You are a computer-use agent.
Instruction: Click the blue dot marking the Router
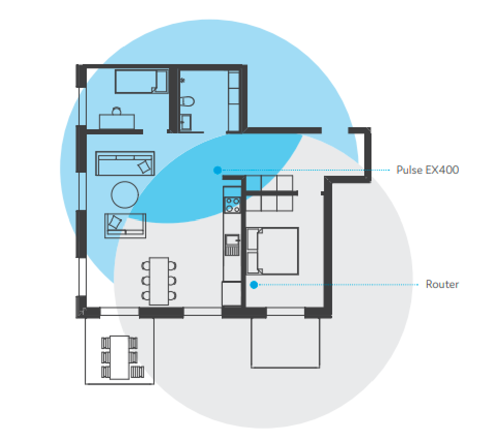[x=254, y=285]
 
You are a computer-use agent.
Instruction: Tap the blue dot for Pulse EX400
[x=218, y=170]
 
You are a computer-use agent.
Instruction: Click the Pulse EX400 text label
[x=427, y=170]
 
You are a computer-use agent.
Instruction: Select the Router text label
[x=442, y=284]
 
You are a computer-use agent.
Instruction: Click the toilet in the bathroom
[x=187, y=102]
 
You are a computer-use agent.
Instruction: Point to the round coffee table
[x=125, y=195]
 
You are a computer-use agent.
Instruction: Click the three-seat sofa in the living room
[x=125, y=163]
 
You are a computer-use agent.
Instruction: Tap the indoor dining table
[x=159, y=281]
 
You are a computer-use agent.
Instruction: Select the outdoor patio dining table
[x=119, y=357]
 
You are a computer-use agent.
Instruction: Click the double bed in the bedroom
[x=272, y=251]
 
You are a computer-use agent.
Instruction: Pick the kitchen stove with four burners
[x=233, y=205]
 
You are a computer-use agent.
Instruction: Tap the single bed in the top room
[x=141, y=81]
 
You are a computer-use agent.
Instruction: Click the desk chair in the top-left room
[x=117, y=111]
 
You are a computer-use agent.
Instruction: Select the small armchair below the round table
[x=125, y=225]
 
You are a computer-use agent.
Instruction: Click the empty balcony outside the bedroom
[x=285, y=343]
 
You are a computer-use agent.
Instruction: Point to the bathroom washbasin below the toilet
[x=185, y=122]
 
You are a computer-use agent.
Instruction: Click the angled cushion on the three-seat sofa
[x=144, y=166]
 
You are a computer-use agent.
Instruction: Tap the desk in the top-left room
[x=117, y=121]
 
